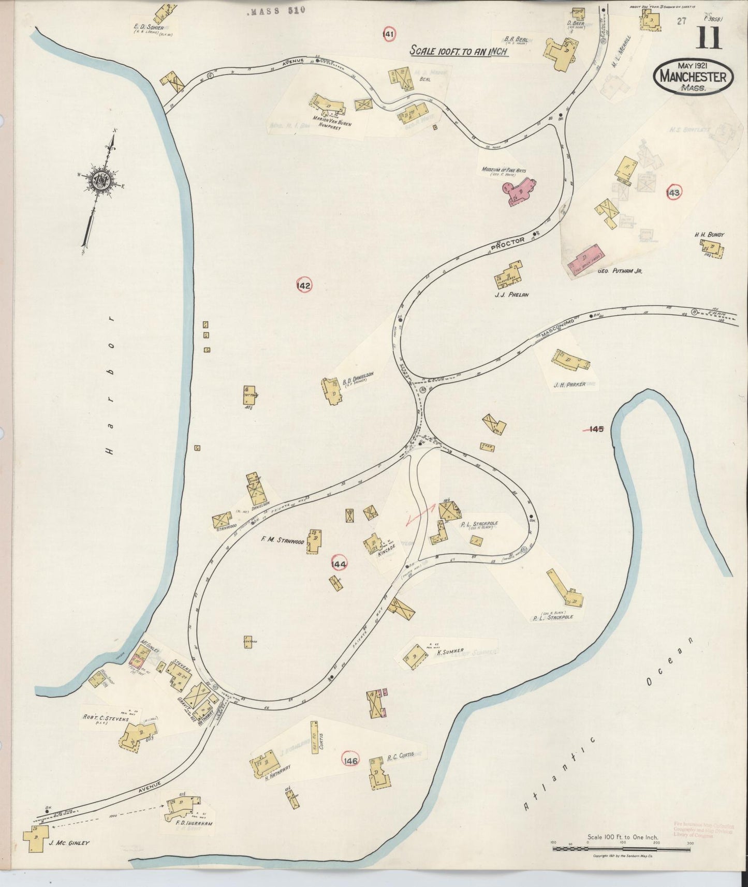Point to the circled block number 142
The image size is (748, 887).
click(303, 285)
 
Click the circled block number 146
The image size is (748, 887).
click(350, 760)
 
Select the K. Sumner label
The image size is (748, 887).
click(453, 651)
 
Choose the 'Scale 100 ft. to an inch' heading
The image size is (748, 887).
click(458, 51)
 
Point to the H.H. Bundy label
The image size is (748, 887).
click(709, 235)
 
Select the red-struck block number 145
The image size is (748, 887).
click(596, 428)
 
